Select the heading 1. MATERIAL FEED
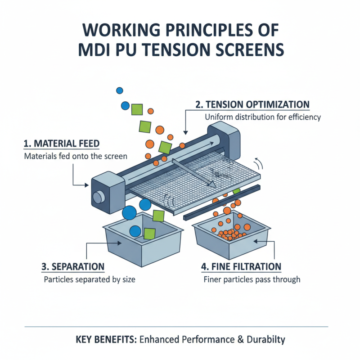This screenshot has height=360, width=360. click(x=61, y=144)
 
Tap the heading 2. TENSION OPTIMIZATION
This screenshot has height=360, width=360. click(x=252, y=104)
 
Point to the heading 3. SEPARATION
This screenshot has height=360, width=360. click(x=72, y=266)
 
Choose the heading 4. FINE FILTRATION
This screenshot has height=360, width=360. click(x=241, y=266)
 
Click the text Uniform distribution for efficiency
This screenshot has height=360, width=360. click(x=263, y=117)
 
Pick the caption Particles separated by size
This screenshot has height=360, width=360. click(x=90, y=279)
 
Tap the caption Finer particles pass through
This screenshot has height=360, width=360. click(x=252, y=279)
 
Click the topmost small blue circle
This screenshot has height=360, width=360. click(x=119, y=90)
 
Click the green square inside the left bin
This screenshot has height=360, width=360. click(x=149, y=233)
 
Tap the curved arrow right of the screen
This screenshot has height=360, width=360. click(x=258, y=162)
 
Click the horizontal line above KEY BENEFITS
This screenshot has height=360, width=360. click(x=175, y=327)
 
